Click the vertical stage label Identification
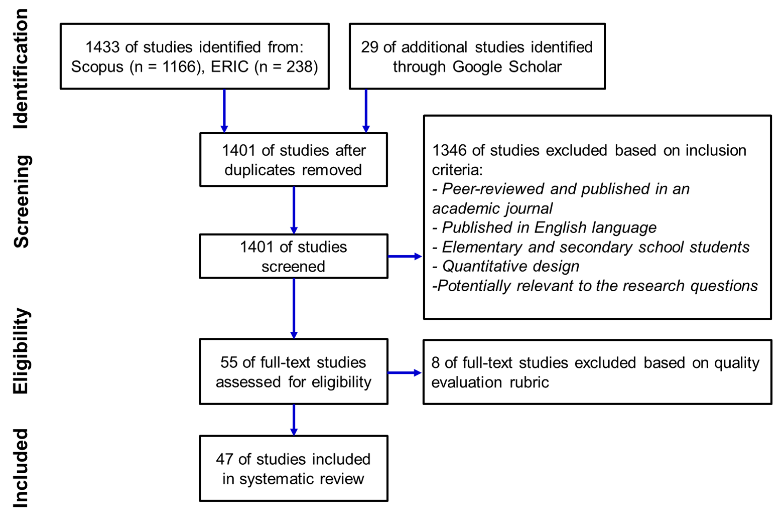click(x=21, y=69)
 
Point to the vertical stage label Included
click(x=21, y=468)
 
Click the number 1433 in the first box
click(x=103, y=47)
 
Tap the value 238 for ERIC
click(x=299, y=67)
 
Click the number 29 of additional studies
click(x=369, y=47)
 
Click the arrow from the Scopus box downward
click(x=224, y=111)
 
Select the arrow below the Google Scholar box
click(x=366, y=111)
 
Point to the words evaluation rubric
click(x=490, y=382)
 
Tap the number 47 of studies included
click(x=224, y=459)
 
